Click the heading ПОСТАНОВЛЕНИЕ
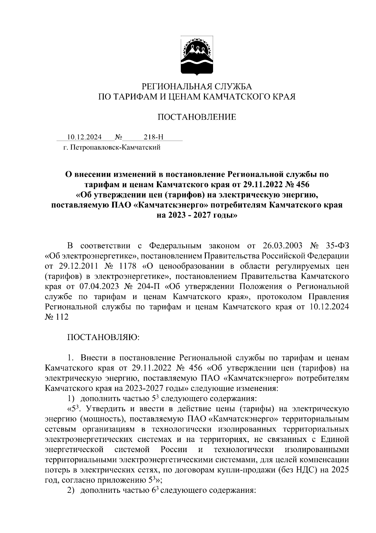tap(196, 117)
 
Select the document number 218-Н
tap(154, 137)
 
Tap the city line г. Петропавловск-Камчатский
tap(112, 147)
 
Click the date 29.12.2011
tap(78, 266)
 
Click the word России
tap(174, 449)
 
